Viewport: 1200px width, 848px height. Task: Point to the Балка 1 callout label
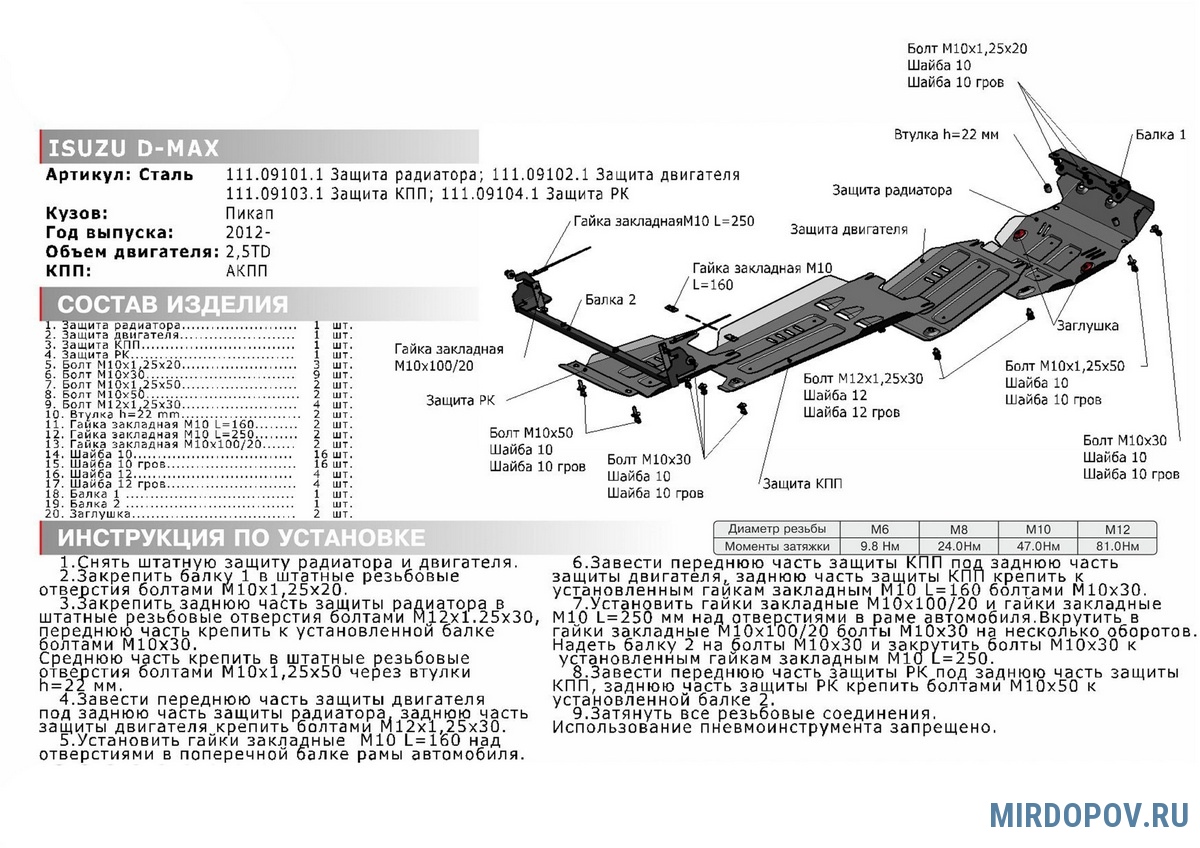(1160, 134)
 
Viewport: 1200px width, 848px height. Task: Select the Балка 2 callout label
(611, 300)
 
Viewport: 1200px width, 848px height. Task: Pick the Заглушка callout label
(1085, 326)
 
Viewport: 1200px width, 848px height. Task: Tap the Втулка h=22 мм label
(946, 134)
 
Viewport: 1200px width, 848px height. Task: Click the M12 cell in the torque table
(1117, 528)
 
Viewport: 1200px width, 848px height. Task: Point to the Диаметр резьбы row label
(777, 528)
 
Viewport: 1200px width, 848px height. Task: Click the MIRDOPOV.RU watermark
(1089, 814)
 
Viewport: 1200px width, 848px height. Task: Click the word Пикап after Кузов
(249, 213)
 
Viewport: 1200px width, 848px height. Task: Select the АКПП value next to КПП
(248, 270)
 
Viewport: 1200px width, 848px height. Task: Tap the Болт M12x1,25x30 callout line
(863, 379)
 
